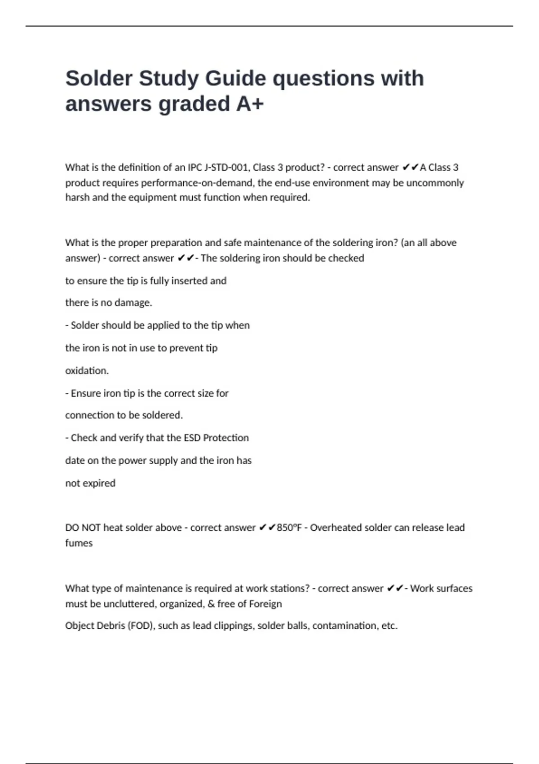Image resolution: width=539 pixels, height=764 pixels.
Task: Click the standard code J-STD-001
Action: (226, 168)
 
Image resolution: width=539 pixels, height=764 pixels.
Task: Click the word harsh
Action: (77, 198)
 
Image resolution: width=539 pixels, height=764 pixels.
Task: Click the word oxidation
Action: (87, 371)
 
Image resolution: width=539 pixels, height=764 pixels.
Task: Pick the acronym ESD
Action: (192, 438)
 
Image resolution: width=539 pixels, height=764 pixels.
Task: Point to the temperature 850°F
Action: (289, 528)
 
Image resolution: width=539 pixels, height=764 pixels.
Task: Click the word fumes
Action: (79, 543)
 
